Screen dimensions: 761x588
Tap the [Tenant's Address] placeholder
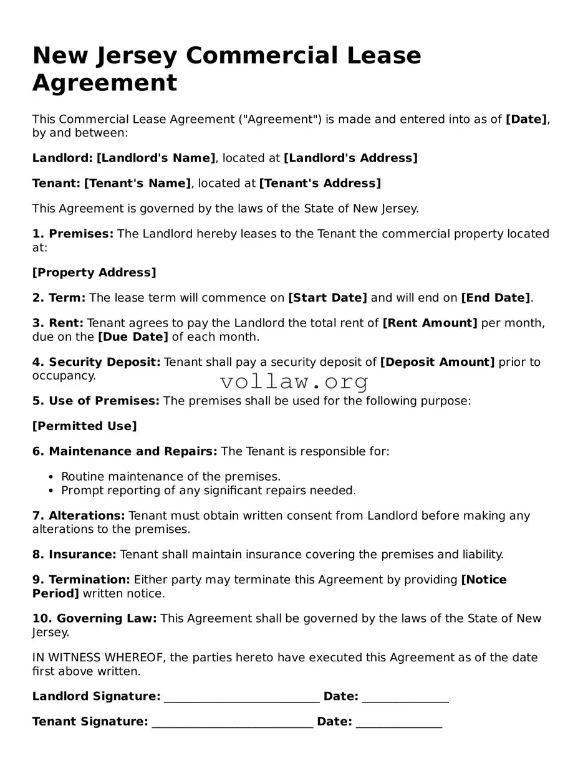tap(319, 183)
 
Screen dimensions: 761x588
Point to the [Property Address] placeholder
tap(94, 272)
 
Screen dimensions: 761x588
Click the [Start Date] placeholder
tap(327, 298)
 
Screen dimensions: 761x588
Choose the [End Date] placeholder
tap(495, 298)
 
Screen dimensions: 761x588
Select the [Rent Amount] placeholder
tap(430, 323)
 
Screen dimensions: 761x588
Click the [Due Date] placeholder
tap(133, 337)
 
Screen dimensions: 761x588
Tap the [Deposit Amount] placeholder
tap(437, 362)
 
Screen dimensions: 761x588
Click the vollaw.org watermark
tap(294, 381)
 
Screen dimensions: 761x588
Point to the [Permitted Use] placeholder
tap(84, 426)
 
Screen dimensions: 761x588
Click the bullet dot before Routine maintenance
tap(52, 477)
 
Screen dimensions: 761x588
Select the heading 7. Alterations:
tap(79, 515)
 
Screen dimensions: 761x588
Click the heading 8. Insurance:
tap(74, 554)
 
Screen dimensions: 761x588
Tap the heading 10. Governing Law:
tap(95, 618)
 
